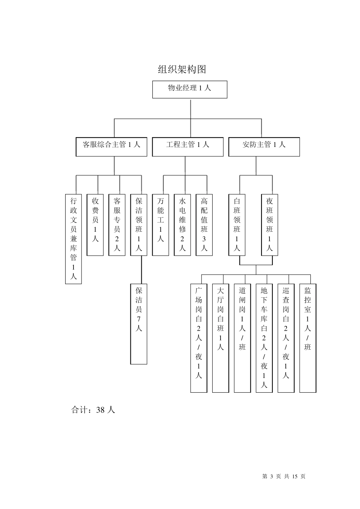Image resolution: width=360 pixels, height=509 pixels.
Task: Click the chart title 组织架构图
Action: pyautogui.click(x=182, y=69)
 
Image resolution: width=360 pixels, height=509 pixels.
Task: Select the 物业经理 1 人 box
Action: pyautogui.click(x=189, y=89)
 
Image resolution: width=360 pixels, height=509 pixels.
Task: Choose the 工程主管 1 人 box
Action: pyautogui.click(x=188, y=147)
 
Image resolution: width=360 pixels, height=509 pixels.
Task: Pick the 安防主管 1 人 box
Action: pyautogui.click(x=264, y=147)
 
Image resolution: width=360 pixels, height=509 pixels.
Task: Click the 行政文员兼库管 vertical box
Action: pyautogui.click(x=74, y=239)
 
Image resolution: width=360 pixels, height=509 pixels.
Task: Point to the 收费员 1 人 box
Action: pyautogui.click(x=95, y=225)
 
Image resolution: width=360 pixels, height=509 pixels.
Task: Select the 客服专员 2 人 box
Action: pyautogui.click(x=117, y=225)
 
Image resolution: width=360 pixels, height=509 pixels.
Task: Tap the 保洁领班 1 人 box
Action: pyautogui.click(x=139, y=225)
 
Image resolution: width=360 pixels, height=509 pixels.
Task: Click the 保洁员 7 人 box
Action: pyautogui.click(x=139, y=323)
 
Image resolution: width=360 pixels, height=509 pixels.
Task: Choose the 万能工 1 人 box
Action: pyautogui.click(x=161, y=225)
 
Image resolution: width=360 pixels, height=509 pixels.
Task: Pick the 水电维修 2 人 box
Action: pyautogui.click(x=182, y=225)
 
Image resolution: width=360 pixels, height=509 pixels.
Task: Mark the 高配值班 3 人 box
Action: pyautogui.click(x=204, y=225)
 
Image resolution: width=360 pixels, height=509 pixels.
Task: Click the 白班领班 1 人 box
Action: pyautogui.click(x=237, y=225)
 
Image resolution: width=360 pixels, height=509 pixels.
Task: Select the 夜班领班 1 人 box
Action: pyautogui.click(x=269, y=225)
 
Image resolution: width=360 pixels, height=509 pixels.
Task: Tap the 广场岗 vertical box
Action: pyautogui.click(x=199, y=338)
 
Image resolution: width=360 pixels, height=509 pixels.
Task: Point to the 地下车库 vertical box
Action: pyautogui.click(x=264, y=338)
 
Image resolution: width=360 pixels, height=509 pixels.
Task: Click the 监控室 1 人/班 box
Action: pyautogui.click(x=308, y=338)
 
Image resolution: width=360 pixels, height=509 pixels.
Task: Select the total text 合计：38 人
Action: pyautogui.click(x=93, y=410)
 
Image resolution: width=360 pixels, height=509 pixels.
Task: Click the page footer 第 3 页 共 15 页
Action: pyautogui.click(x=283, y=476)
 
